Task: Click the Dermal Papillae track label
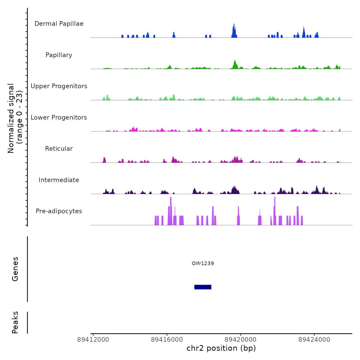pos(59,24)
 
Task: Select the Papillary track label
pos(59,55)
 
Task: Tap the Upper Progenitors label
pos(59,86)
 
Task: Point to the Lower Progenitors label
pos(59,118)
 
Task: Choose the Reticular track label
pos(59,149)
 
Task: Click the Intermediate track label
pos(59,180)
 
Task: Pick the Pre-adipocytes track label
pos(59,211)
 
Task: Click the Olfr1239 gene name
pos(203,263)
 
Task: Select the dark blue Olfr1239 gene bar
pos(203,287)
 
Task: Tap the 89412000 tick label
pos(93,340)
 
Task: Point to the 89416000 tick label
pos(167,340)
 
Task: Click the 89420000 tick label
pos(240,340)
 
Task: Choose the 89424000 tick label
pos(314,340)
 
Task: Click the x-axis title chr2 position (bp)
pos(221,348)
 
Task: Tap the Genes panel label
pos(15,269)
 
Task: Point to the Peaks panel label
pos(15,322)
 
